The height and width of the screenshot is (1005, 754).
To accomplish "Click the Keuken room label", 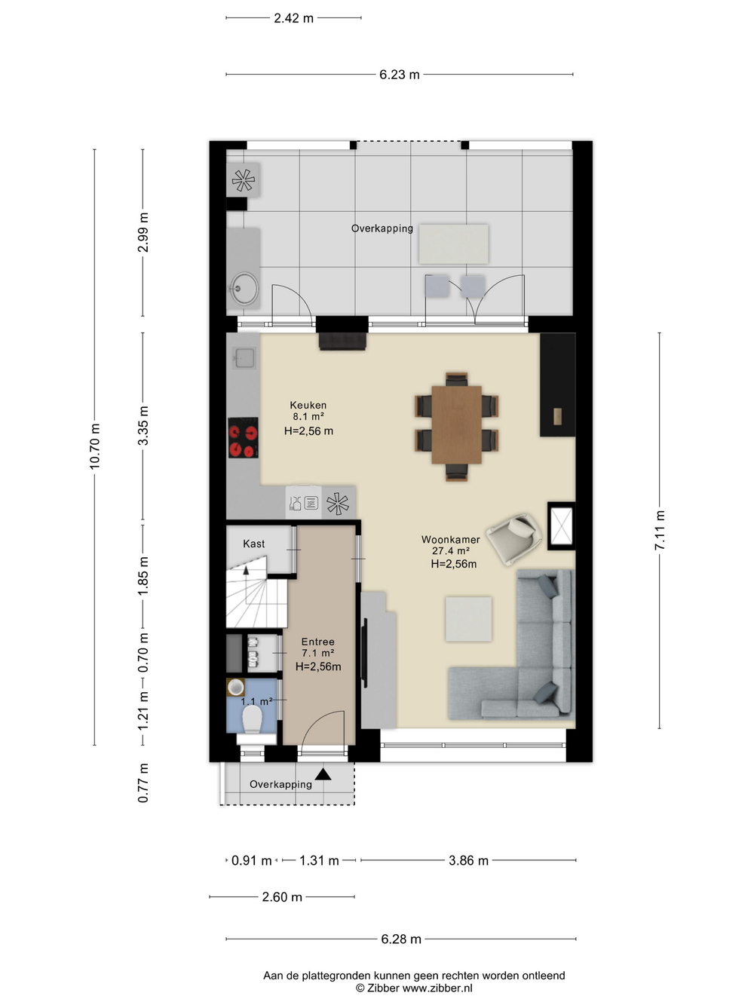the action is [x=308, y=405].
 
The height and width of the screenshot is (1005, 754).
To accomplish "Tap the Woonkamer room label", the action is [x=450, y=540].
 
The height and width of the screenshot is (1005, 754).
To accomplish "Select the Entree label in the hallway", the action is [x=317, y=642].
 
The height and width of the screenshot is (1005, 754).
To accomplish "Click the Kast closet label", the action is [x=253, y=544].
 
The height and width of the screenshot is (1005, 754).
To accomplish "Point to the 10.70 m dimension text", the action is [x=95, y=446].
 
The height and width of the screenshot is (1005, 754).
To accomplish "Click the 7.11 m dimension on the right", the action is [x=659, y=530].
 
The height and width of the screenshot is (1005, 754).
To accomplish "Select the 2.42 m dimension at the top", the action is [x=293, y=18].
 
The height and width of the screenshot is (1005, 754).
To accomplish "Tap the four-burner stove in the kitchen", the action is [x=243, y=437].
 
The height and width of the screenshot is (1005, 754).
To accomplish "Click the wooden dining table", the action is [x=456, y=425].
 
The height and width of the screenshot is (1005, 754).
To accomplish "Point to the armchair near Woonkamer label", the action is [x=514, y=539].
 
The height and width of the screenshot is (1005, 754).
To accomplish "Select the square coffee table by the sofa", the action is [x=469, y=618].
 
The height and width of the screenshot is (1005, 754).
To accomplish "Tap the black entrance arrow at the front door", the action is [x=323, y=774].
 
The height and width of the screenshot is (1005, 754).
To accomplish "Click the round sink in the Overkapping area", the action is [x=244, y=288].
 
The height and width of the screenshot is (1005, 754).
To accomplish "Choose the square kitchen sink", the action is [x=244, y=357].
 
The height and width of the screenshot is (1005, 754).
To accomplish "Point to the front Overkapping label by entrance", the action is [x=280, y=784].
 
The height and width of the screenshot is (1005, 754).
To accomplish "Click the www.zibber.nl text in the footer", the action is [x=437, y=988].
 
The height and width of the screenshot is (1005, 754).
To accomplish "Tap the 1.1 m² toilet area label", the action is [x=257, y=701].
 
